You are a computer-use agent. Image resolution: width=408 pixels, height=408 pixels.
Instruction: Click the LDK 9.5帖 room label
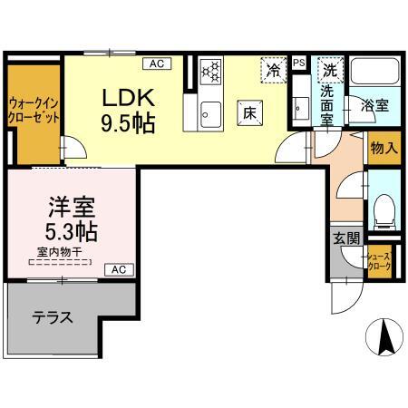[129, 109]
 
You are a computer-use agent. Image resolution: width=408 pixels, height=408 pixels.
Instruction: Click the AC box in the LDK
[157, 63]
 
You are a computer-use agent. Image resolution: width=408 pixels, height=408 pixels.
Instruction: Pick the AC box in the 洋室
[119, 269]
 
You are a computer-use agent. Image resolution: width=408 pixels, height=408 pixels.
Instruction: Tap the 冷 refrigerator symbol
[272, 68]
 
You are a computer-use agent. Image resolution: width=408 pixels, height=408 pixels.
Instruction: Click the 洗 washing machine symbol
[331, 69]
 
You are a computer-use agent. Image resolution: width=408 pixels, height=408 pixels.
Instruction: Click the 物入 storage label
[382, 149]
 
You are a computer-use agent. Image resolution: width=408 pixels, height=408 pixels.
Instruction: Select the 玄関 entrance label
[345, 238]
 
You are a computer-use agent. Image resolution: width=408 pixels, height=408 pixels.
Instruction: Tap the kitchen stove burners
[210, 71]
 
